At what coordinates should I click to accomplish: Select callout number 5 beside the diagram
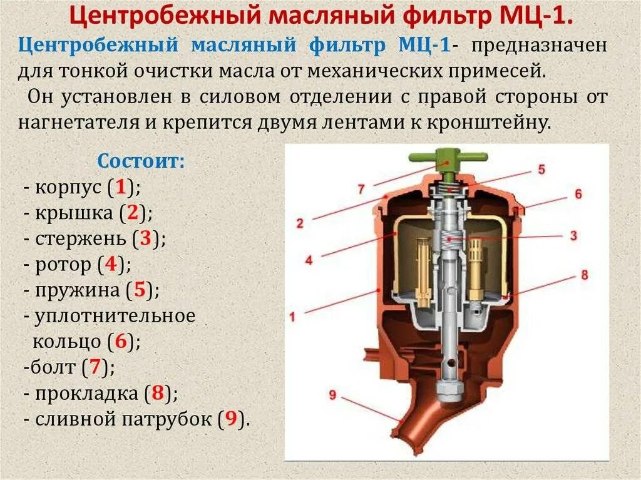click(x=541, y=169)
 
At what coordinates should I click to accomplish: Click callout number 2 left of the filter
click(x=300, y=223)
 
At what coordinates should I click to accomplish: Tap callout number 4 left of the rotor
click(x=309, y=259)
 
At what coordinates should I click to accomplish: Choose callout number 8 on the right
click(x=584, y=275)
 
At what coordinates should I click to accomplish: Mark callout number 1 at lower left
click(x=292, y=317)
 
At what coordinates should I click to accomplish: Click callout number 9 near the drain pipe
click(x=332, y=394)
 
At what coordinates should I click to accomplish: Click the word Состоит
click(x=140, y=161)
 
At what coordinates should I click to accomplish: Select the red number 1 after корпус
click(x=121, y=186)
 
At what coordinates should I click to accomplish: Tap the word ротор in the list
click(x=63, y=264)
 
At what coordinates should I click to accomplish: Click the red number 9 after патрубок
click(x=230, y=419)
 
